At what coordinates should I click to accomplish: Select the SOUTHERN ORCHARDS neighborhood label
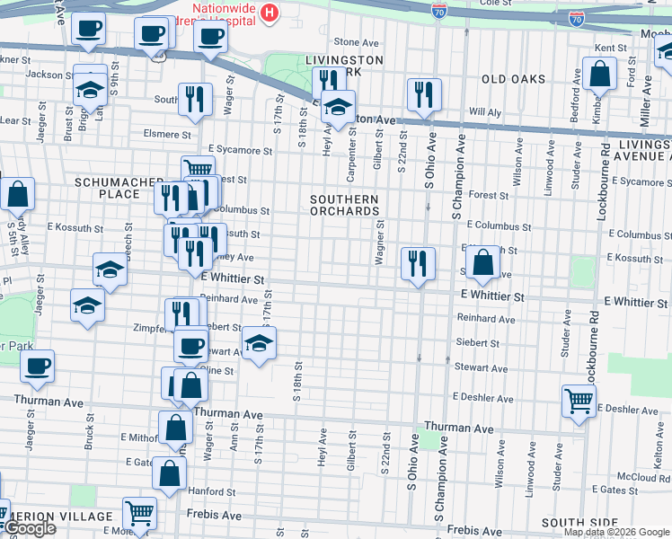(x=343, y=205)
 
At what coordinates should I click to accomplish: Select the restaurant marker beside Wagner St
(x=418, y=262)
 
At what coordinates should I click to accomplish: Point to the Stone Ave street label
(x=357, y=42)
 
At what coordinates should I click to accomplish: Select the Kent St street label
(x=610, y=48)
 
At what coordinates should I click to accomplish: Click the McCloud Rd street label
(x=638, y=476)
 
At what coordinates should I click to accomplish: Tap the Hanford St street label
(x=211, y=491)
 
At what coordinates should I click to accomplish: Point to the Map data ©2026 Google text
(x=616, y=532)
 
